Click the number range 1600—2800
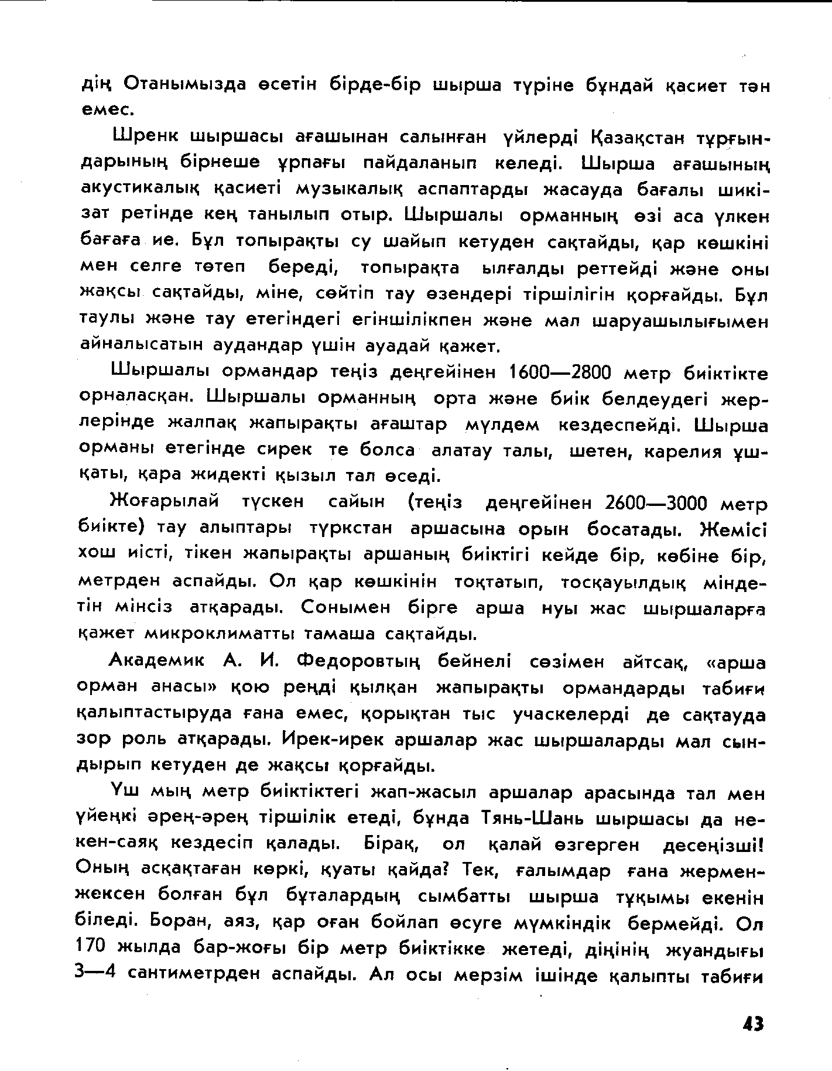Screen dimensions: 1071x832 (x=560, y=372)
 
